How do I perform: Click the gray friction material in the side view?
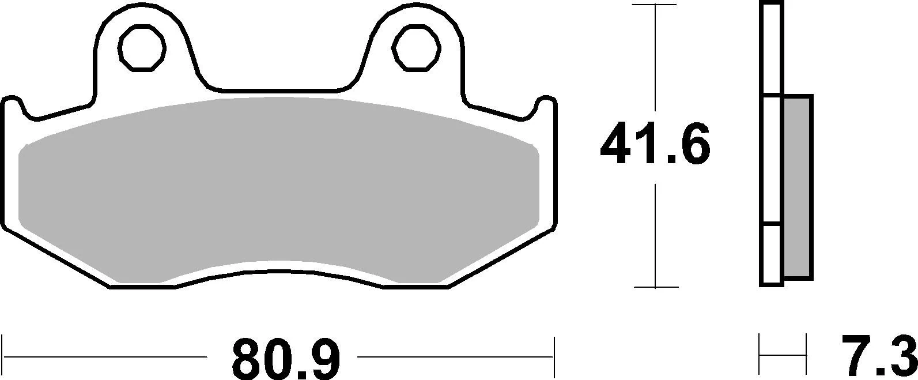click(x=798, y=188)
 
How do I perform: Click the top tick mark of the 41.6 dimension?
click(x=655, y=5)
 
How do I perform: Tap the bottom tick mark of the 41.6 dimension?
click(x=655, y=287)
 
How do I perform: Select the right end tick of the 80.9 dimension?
click(x=554, y=357)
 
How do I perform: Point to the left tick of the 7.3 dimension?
click(x=760, y=356)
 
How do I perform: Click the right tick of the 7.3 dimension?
click(x=805, y=356)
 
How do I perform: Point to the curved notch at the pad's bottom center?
click(x=278, y=272)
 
